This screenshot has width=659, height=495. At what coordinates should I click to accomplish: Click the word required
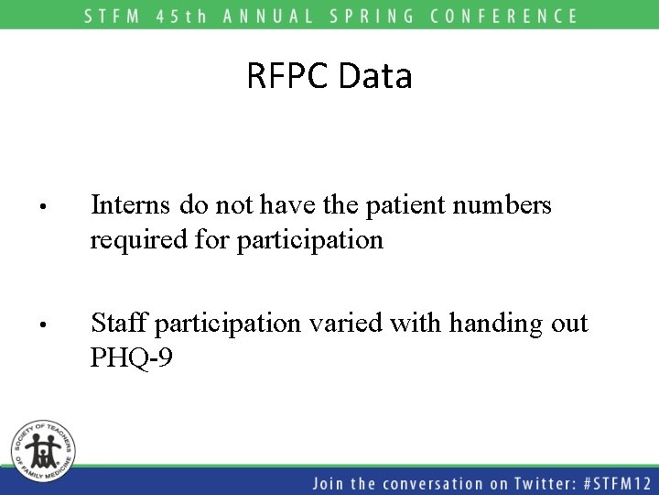134,240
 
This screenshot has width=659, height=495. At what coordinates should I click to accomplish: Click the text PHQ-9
132,357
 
